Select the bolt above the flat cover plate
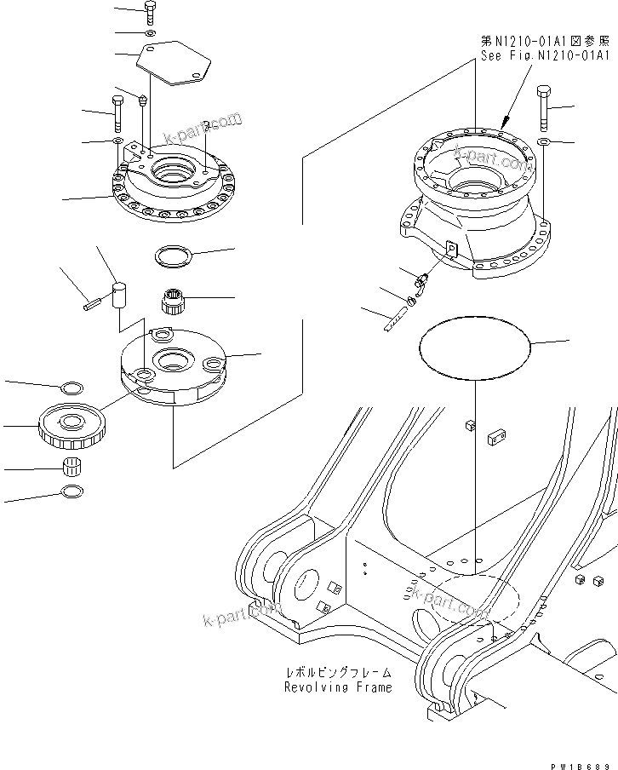(151, 12)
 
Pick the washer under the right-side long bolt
(543, 139)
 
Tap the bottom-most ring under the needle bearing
(73, 492)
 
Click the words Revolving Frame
(338, 687)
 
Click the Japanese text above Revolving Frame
(338, 673)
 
